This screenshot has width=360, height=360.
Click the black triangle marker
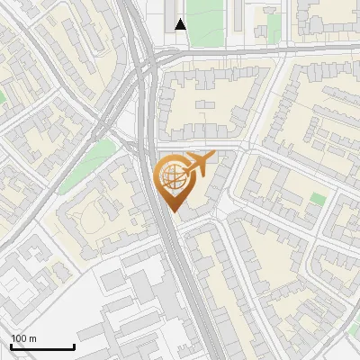(181, 24)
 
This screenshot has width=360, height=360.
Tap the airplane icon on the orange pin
(198, 165)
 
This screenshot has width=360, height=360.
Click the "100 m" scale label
(23, 338)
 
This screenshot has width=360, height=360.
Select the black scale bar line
(42, 347)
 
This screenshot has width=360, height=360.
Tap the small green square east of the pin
(318, 198)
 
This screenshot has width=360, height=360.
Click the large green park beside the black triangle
(206, 22)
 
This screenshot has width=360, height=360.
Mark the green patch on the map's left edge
(3, 95)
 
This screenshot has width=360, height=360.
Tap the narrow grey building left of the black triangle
(167, 15)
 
